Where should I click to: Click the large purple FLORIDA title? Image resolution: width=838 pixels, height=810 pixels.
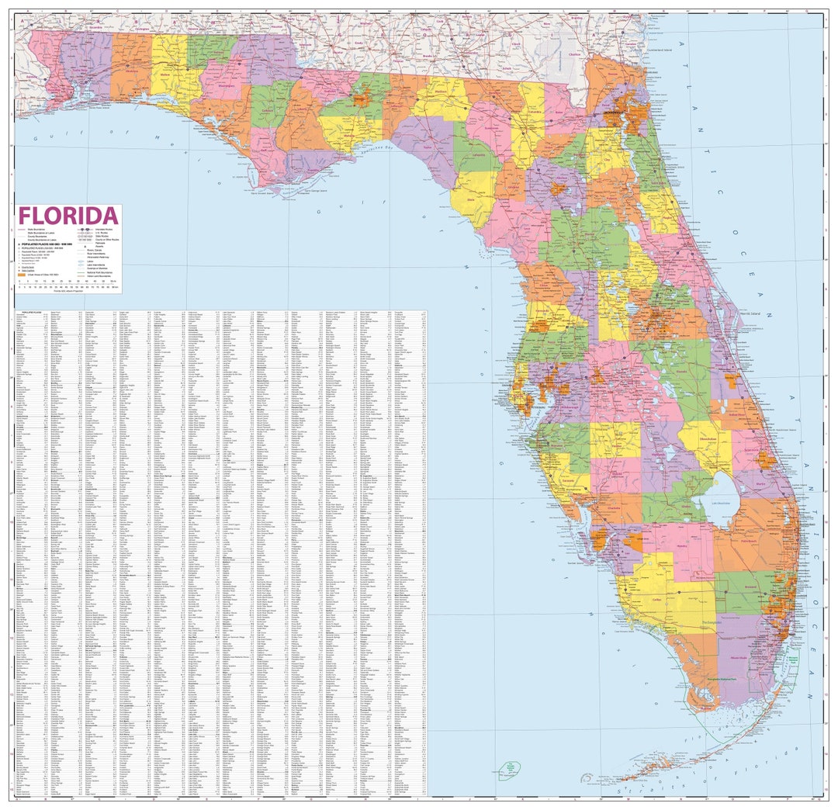tap(68, 216)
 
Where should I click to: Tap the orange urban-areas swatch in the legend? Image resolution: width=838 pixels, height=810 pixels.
tap(22, 275)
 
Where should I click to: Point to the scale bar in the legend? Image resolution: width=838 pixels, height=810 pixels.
tap(66, 284)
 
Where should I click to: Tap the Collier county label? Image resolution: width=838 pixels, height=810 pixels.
tap(656, 600)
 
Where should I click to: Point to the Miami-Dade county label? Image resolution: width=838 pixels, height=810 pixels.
tap(739, 658)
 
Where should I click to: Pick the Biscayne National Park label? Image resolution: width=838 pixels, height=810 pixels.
tap(793, 660)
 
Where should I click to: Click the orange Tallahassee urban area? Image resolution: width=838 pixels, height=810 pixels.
tap(362, 99)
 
